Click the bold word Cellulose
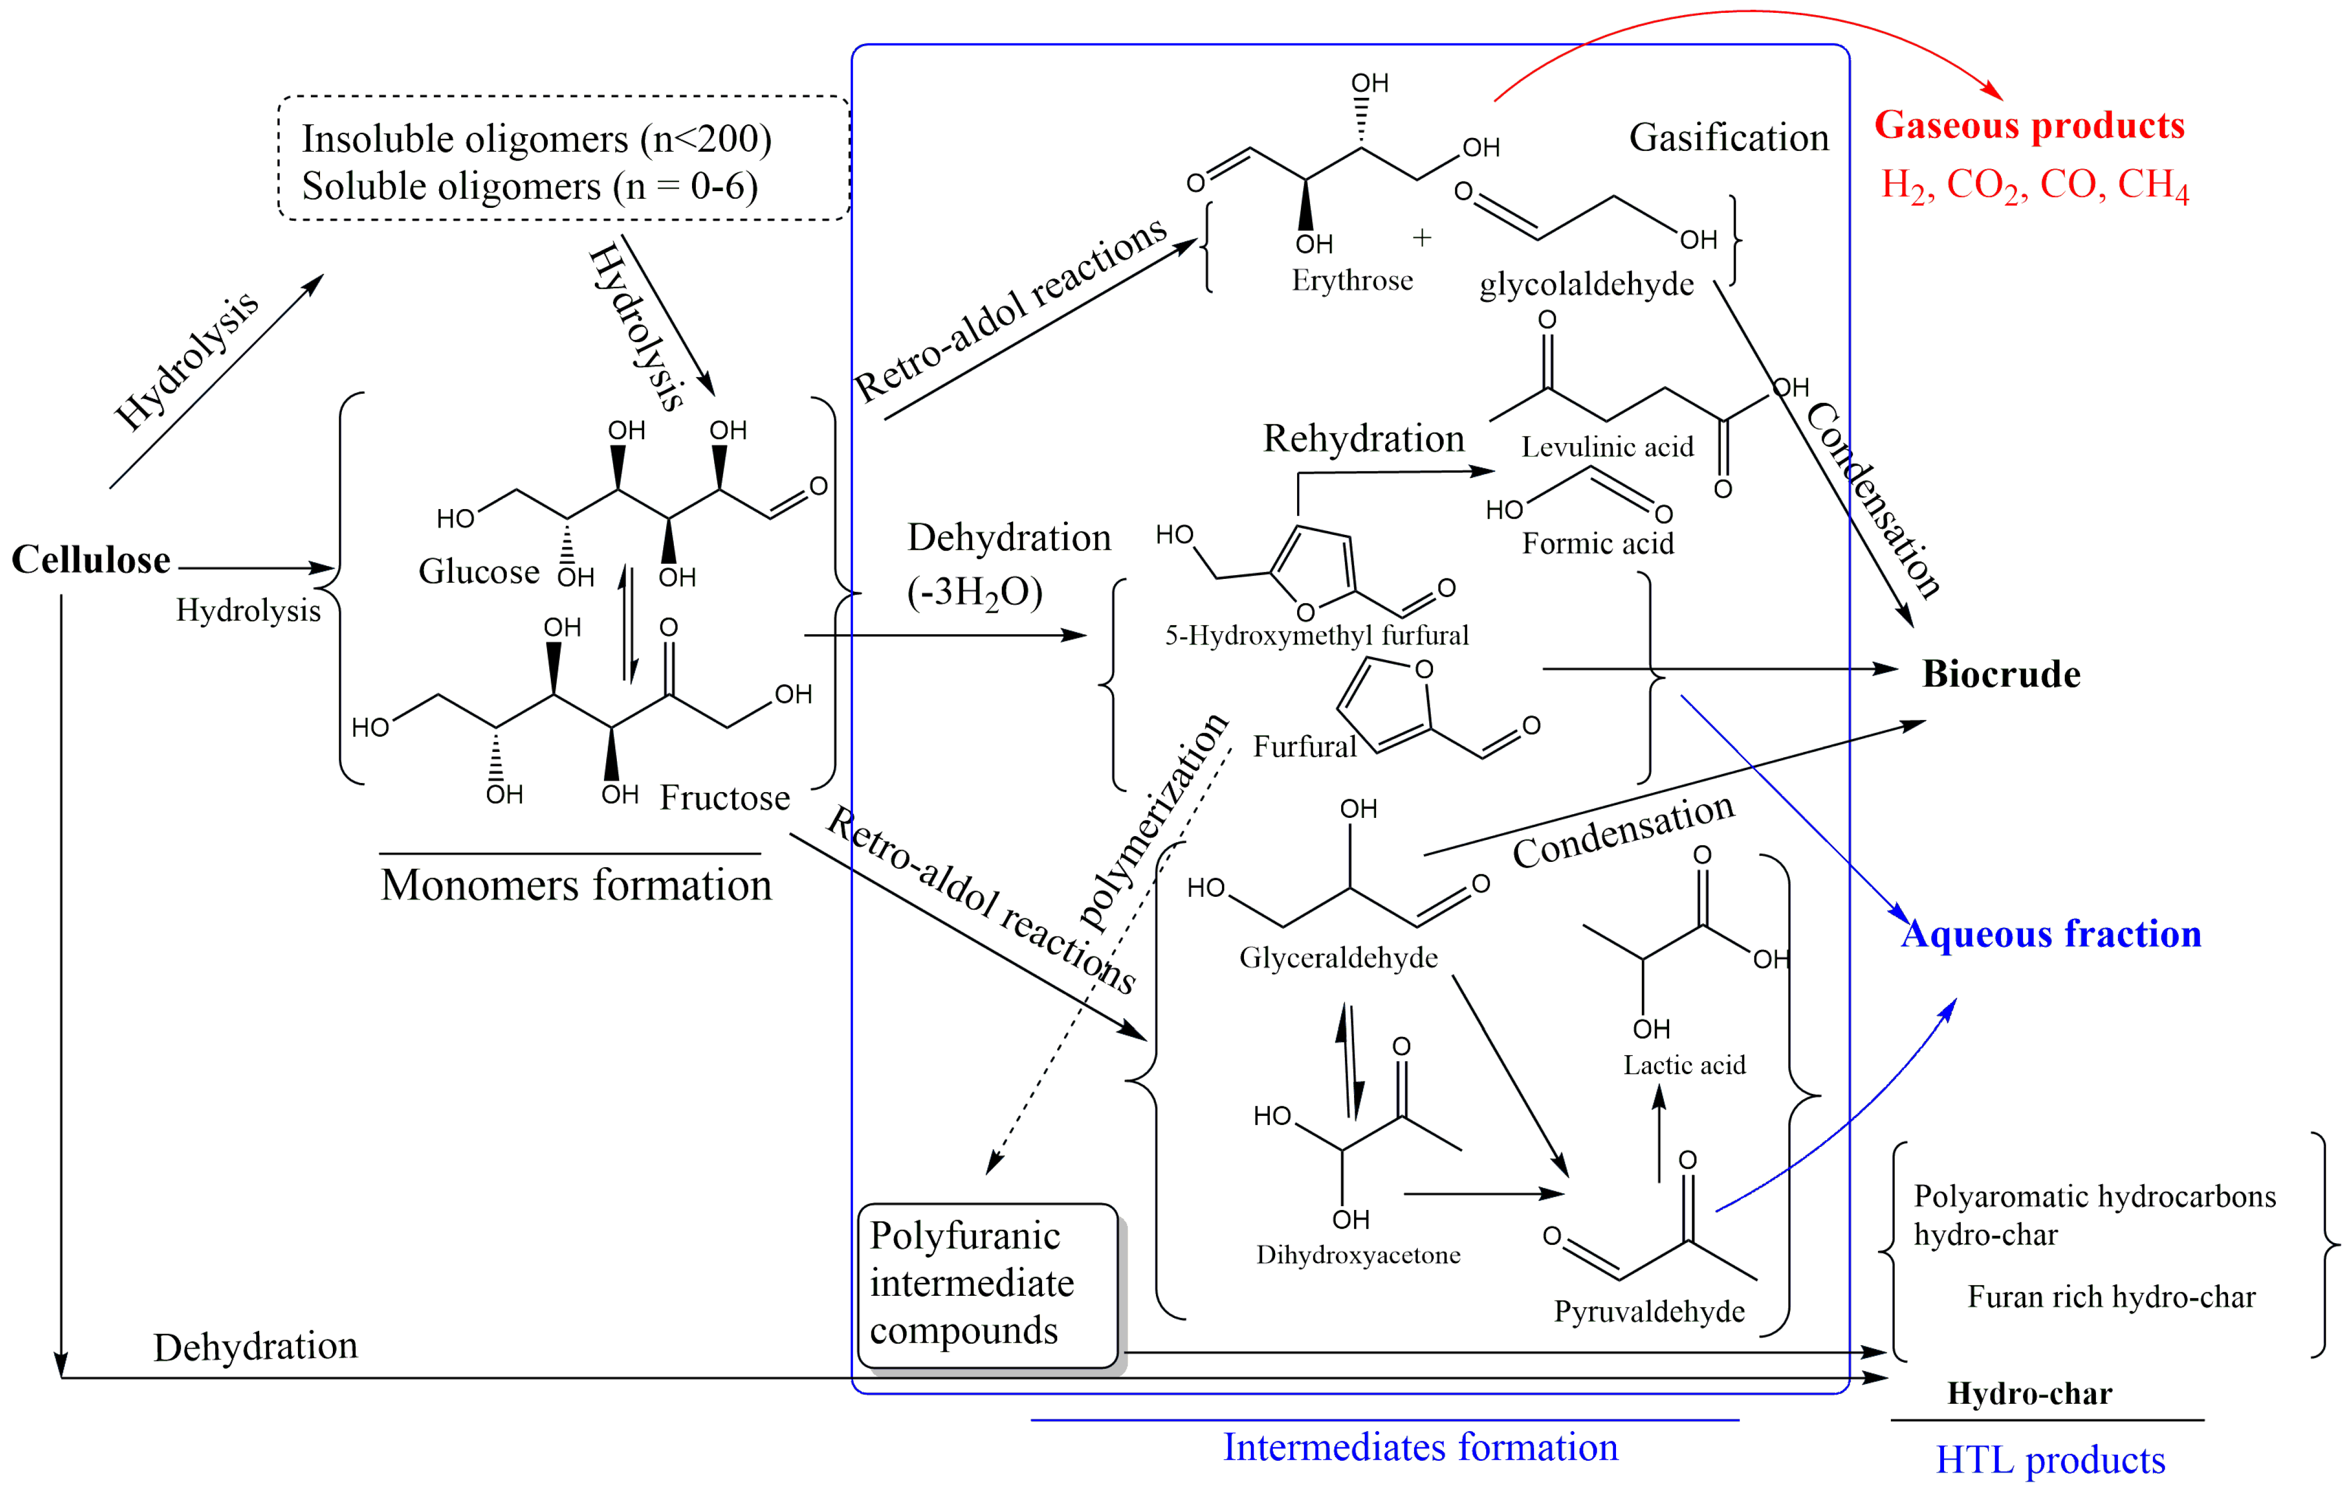pos(91,561)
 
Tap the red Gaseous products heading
pos(2029,126)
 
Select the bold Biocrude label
pos(2000,674)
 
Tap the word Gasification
pos(1728,137)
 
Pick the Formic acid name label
pos(1597,543)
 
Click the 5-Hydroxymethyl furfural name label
pos(1316,636)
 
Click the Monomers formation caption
pos(576,884)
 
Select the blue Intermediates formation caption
pos(1421,1447)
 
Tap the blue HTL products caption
pos(2050,1460)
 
